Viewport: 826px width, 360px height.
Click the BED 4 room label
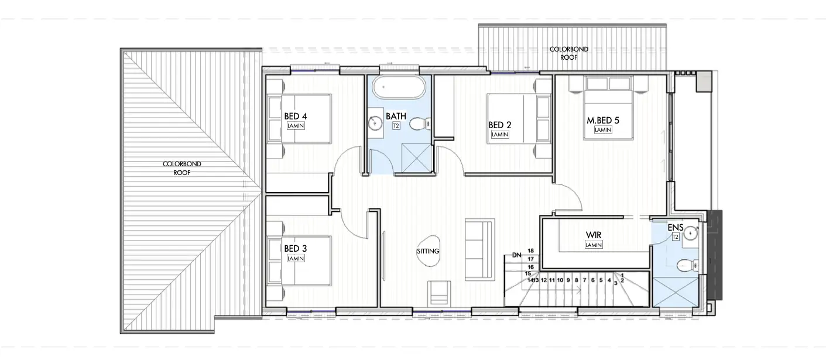pos(296,116)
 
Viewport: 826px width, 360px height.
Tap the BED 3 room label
pos(296,249)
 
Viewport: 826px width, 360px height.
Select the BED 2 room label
pos(500,125)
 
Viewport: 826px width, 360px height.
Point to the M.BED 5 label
pos(603,120)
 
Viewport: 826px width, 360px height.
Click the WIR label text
pos(594,235)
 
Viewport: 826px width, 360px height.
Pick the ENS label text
pos(676,228)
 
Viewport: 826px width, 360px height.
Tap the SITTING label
pos(428,251)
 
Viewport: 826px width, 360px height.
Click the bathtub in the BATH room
pos(399,88)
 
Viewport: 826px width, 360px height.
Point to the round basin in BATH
pos(375,123)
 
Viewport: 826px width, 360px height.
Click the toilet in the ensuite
pos(688,265)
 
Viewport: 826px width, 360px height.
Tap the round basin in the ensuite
pos(691,233)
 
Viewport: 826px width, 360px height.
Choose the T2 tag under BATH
pos(396,126)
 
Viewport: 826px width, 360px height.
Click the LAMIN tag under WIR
pos(594,245)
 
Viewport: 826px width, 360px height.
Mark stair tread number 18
pos(530,251)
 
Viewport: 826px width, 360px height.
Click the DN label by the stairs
pos(517,255)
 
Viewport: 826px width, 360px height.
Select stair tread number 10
pos(560,280)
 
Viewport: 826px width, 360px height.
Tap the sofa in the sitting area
pos(479,250)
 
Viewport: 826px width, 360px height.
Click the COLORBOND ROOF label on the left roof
pos(182,168)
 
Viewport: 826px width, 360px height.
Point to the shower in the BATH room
pos(416,158)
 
